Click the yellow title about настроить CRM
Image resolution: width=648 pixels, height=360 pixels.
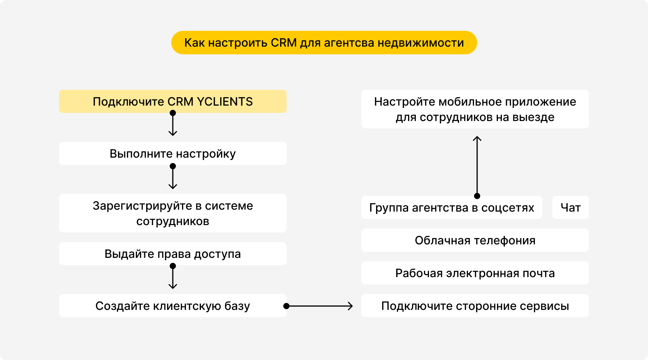click(324, 43)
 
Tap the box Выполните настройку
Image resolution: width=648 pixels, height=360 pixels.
click(172, 154)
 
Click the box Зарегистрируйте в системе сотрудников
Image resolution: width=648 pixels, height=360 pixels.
click(172, 213)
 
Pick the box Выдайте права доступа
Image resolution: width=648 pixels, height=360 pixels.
click(172, 254)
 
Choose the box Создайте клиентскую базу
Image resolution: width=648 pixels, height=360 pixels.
click(172, 306)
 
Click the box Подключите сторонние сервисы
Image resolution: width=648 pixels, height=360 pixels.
click(475, 306)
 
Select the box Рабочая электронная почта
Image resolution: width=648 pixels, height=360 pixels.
click(475, 273)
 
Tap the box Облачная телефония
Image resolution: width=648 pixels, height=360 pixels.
click(475, 241)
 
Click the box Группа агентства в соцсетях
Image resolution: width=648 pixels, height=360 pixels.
click(451, 208)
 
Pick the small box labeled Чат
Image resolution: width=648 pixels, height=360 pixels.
click(570, 208)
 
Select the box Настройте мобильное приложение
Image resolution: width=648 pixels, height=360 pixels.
click(475, 109)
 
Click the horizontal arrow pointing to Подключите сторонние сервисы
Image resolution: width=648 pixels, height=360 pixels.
click(320, 306)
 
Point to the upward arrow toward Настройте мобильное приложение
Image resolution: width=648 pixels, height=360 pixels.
click(477, 166)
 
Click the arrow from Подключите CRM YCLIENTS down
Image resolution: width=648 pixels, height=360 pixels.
click(173, 124)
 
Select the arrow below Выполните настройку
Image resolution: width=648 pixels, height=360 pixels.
click(173, 178)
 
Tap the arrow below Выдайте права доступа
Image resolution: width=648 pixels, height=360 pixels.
click(173, 278)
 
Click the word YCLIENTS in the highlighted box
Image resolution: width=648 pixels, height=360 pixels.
click(224, 102)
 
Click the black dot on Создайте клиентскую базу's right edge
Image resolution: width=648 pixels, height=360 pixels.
click(286, 306)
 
